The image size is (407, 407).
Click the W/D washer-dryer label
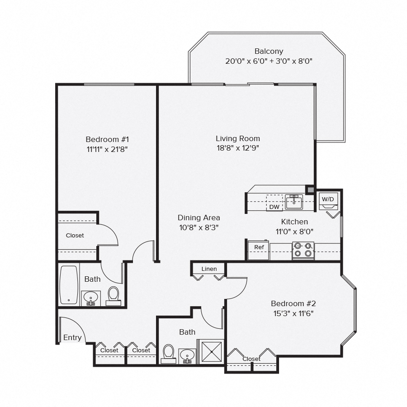click(x=327, y=199)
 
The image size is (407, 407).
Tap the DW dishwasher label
click(x=274, y=207)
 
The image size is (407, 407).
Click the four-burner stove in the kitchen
click(x=303, y=250)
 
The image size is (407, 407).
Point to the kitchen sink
click(x=294, y=202)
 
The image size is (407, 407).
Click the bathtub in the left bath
click(x=69, y=285)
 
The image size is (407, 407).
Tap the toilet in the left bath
click(x=114, y=295)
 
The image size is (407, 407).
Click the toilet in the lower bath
click(x=169, y=353)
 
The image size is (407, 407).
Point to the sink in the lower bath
click(x=187, y=355)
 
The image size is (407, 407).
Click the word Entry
click(x=72, y=337)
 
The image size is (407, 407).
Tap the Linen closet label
click(x=209, y=269)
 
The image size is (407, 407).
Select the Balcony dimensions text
click(x=269, y=61)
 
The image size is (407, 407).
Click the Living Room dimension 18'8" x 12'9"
click(x=237, y=147)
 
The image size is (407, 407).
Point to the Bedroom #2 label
click(x=293, y=303)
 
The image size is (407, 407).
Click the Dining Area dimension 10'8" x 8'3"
click(x=199, y=227)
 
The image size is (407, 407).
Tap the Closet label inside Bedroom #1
click(x=75, y=235)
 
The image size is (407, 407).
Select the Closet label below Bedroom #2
click(x=251, y=359)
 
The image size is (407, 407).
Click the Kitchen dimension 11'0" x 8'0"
click(x=294, y=231)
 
